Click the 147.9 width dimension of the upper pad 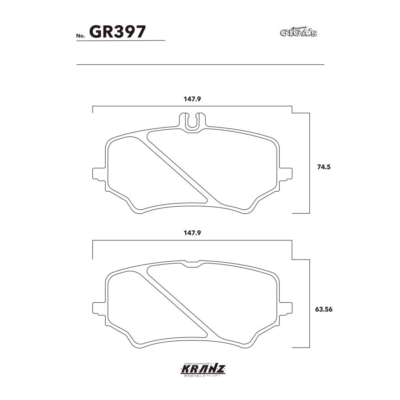pos(192,100)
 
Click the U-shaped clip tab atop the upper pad pos(192,121)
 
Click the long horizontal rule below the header pos(200,65)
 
